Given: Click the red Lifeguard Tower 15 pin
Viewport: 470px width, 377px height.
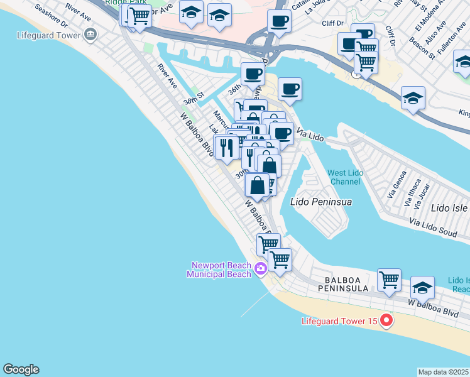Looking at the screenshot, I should (x=386, y=321).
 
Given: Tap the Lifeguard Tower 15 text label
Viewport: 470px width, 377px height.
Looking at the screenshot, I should (x=339, y=322).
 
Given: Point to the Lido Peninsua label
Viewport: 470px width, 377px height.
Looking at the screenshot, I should (x=321, y=202).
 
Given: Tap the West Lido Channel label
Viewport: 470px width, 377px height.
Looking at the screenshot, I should (x=344, y=178).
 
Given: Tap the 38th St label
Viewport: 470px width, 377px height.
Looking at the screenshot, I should (x=194, y=99).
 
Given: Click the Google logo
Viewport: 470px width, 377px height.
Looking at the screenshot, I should (x=21, y=369).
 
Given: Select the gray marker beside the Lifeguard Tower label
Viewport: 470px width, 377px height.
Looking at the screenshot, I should (x=92, y=34).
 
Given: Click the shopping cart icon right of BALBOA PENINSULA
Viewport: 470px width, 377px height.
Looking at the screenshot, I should (x=389, y=280).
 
